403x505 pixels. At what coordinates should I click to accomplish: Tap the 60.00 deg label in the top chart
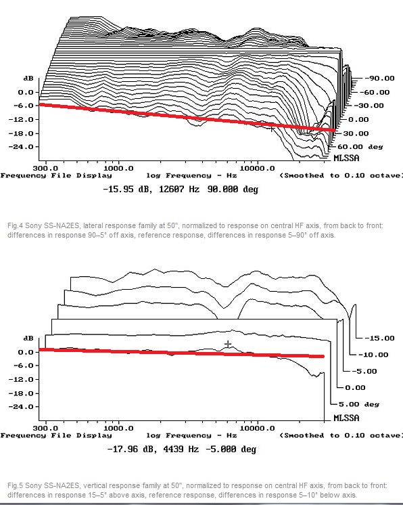pyautogui.click(x=360, y=147)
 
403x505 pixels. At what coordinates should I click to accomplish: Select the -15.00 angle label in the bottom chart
pyautogui.click(x=379, y=338)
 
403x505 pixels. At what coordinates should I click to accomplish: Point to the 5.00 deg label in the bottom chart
pyautogui.click(x=359, y=404)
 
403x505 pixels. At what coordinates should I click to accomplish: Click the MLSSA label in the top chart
pyautogui.click(x=346, y=158)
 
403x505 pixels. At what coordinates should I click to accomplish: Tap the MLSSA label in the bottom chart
pyautogui.click(x=346, y=418)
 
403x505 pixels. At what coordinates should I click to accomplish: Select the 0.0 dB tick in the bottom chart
pyautogui.click(x=26, y=352)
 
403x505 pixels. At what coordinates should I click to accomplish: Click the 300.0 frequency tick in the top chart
pyautogui.click(x=45, y=168)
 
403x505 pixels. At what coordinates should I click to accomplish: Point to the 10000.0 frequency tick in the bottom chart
pyautogui.click(x=258, y=428)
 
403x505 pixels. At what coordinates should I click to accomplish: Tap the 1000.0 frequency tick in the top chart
pyautogui.click(x=118, y=168)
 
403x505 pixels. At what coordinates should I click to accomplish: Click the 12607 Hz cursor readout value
pyautogui.click(x=179, y=189)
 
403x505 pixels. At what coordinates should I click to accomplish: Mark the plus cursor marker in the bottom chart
pyautogui.click(x=228, y=345)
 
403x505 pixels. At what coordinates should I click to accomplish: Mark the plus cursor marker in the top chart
pyautogui.click(x=272, y=129)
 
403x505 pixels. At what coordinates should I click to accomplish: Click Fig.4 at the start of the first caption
pyautogui.click(x=15, y=225)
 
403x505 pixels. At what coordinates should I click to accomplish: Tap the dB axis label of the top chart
pyautogui.click(x=28, y=79)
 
